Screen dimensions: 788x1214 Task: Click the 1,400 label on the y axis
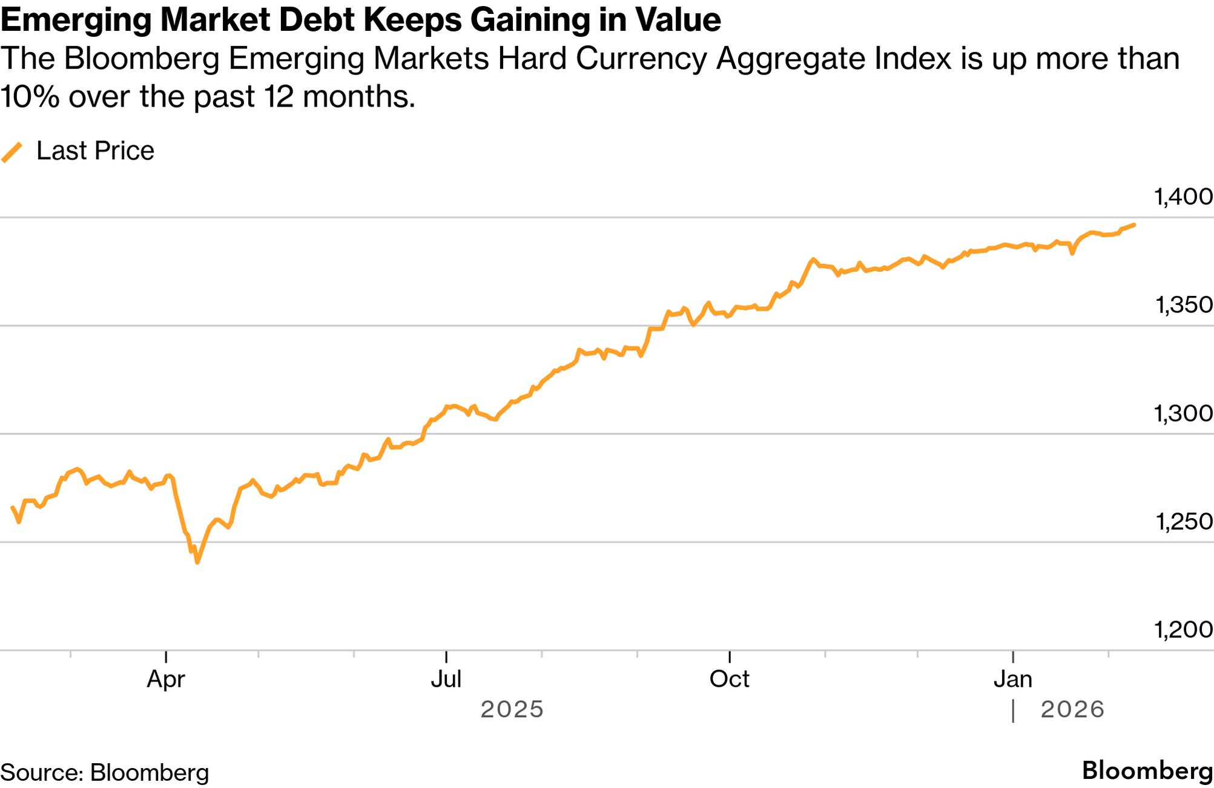tap(1183, 197)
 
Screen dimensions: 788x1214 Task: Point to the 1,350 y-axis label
tap(1183, 304)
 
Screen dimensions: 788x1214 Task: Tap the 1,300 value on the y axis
tap(1183, 413)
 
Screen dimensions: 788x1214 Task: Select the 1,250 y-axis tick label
tap(1183, 521)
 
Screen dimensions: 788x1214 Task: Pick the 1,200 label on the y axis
tap(1183, 629)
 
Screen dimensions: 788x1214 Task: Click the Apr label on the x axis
tap(165, 679)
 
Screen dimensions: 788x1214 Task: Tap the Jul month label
tap(446, 679)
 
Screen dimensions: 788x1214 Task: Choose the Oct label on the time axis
tap(729, 679)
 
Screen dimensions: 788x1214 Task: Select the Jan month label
tap(1012, 679)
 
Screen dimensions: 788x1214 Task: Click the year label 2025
tap(512, 709)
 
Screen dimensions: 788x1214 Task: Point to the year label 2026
tap(1072, 709)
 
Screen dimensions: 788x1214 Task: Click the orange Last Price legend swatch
tap(12, 151)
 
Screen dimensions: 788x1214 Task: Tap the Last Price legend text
tap(95, 151)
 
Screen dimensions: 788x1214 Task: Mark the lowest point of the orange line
tap(197, 562)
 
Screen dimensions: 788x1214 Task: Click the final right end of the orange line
tap(1133, 225)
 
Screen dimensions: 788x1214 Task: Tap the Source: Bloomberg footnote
tap(105, 773)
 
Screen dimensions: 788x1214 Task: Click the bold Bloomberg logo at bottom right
tap(1147, 771)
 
